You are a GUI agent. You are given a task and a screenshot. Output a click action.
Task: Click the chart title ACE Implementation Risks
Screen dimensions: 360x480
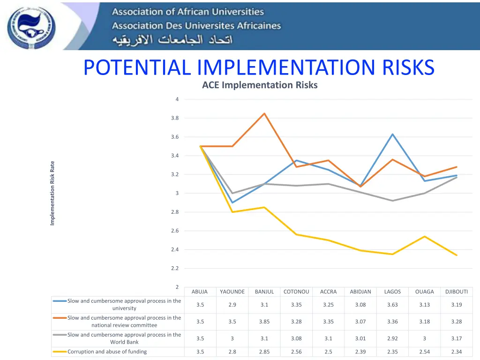point(260,85)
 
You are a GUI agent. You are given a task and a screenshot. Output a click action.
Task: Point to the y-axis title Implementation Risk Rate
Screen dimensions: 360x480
point(52,193)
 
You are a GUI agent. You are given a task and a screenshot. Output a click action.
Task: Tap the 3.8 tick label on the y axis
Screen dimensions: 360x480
point(175,118)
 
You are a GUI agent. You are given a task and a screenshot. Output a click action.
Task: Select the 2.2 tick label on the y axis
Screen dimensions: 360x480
point(175,268)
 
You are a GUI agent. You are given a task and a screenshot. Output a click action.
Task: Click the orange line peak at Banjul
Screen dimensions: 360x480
point(264,113)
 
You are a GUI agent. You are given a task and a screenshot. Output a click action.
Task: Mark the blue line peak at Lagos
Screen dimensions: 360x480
point(392,134)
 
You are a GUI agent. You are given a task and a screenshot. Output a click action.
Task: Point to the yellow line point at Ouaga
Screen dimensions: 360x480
point(424,236)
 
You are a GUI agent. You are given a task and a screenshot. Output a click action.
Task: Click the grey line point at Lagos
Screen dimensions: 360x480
point(392,201)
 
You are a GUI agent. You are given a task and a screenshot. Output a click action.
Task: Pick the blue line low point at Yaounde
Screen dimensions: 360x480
point(232,202)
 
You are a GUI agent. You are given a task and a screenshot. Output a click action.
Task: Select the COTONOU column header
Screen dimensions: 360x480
point(296,292)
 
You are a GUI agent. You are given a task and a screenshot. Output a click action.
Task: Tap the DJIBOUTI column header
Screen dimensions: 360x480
point(457,292)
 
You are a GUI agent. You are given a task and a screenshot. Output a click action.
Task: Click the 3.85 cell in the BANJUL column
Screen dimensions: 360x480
point(264,322)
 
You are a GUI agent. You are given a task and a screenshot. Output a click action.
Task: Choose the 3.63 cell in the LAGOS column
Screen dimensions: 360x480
point(392,305)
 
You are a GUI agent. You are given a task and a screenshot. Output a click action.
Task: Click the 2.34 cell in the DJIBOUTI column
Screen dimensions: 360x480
point(457,352)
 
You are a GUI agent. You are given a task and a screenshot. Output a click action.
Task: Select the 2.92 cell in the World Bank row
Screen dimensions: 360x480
point(392,338)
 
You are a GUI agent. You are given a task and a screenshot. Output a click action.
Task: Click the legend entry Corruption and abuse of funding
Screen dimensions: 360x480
point(107,352)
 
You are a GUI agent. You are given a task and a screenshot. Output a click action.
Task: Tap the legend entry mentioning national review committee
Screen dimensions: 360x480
point(124,322)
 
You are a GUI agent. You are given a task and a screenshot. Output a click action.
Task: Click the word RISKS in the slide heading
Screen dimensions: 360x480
point(408,67)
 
